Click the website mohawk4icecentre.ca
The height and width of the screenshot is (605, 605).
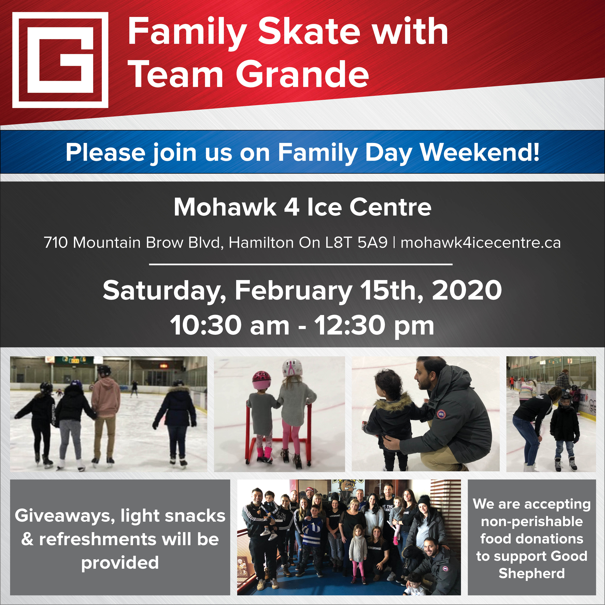[481, 243]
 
